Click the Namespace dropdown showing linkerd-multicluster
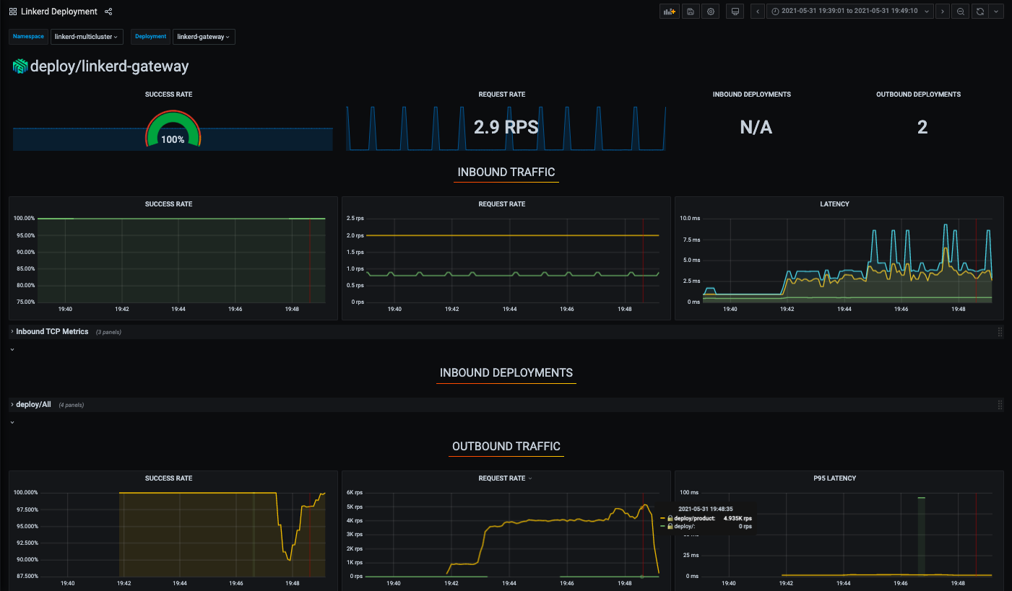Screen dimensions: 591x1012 pos(87,37)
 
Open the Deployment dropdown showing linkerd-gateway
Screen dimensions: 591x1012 pos(204,37)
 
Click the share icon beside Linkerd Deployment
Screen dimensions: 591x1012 pos(108,12)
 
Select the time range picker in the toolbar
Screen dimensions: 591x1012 pos(849,12)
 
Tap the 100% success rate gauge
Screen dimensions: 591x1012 pos(173,130)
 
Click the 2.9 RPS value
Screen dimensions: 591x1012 pos(506,128)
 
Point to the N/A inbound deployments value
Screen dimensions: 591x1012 pos(756,128)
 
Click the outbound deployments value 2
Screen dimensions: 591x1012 pos(922,128)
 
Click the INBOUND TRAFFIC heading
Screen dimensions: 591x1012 pos(506,172)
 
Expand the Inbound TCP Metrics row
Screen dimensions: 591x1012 pos(52,332)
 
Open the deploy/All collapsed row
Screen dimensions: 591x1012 pos(33,405)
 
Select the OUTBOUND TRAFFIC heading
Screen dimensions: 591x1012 pos(506,447)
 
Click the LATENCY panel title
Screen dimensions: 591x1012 pos(835,204)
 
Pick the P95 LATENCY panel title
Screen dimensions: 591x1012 pos(835,478)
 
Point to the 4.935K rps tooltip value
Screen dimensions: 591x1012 pos(738,518)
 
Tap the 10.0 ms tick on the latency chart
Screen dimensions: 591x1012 pos(690,218)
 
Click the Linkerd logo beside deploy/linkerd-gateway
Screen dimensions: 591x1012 pos(20,66)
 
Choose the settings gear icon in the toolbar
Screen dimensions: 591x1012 pos(711,12)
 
